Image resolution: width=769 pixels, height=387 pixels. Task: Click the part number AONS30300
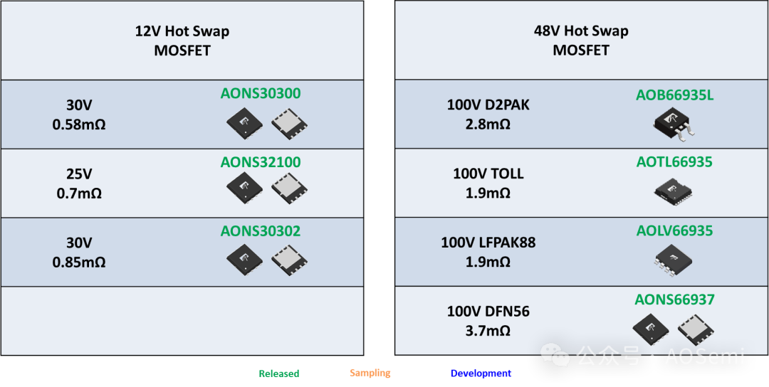coord(261,93)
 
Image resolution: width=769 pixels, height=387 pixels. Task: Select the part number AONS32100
coord(261,162)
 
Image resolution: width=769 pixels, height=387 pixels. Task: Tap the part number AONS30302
coord(261,231)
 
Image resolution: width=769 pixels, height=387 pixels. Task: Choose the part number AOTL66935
coord(674,162)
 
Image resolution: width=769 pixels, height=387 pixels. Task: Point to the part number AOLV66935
coord(674,230)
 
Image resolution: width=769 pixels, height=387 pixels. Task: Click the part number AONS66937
coord(674,299)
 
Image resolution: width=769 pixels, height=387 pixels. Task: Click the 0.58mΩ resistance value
coord(79,125)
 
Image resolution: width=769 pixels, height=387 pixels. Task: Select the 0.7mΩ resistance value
coord(79,193)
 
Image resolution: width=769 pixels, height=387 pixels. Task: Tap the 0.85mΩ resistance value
coord(79,262)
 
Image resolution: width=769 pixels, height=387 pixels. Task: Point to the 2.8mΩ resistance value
coord(488,124)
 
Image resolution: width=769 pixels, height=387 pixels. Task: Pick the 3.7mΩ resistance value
coord(488,331)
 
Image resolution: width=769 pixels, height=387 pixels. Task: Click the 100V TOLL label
coord(488,174)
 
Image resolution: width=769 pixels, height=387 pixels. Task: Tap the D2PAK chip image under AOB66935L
coord(674,125)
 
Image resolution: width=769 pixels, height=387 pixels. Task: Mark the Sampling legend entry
coord(370,373)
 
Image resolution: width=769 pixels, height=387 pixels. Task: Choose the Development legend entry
coord(481,373)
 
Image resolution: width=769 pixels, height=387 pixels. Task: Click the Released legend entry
coord(278,373)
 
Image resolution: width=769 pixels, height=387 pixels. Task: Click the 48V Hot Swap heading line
coord(581,31)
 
